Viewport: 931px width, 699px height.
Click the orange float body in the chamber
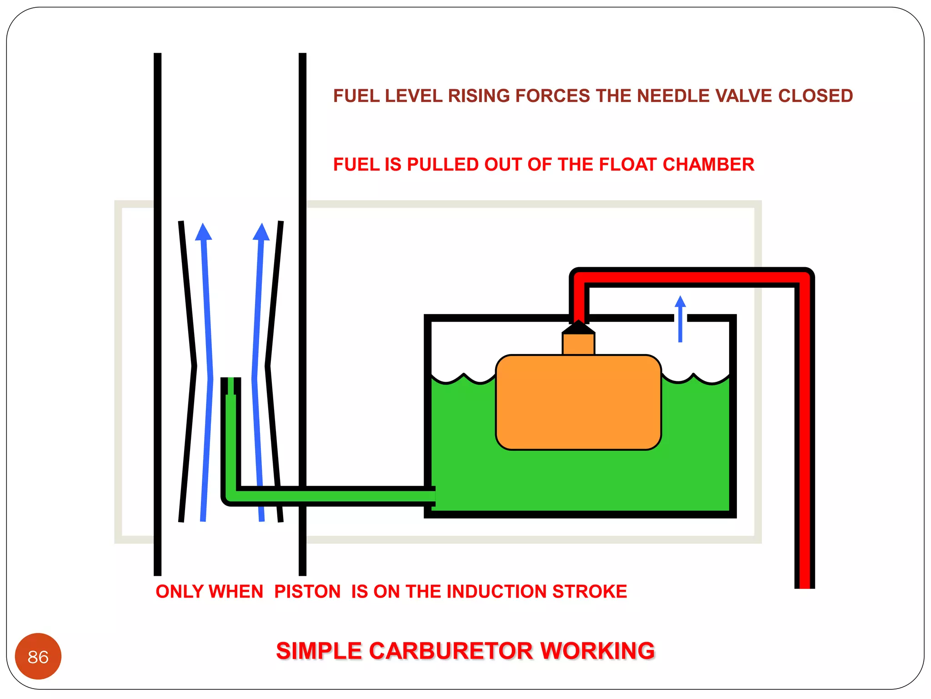point(578,402)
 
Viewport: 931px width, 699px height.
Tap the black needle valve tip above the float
point(578,326)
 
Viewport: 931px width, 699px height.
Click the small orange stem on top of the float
point(578,344)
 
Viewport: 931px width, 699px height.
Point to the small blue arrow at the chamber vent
point(680,319)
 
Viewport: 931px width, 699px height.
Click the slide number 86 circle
point(38,656)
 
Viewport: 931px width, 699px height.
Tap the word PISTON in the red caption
point(307,592)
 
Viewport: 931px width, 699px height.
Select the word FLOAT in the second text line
point(628,164)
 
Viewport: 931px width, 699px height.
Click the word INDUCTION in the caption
point(498,592)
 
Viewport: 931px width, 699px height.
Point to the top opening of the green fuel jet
point(231,380)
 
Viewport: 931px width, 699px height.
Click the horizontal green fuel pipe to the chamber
point(336,496)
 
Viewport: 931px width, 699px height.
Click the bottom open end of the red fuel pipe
point(805,585)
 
